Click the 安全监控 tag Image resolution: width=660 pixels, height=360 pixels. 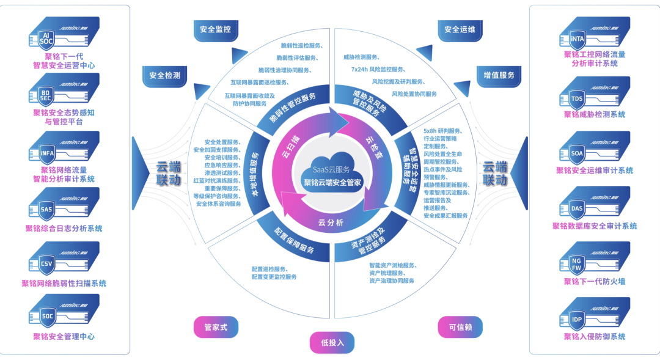coord(215,29)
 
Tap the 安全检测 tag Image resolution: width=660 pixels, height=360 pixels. coord(164,76)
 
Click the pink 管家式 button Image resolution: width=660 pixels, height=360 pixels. coord(215,327)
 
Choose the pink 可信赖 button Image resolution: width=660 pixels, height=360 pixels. coord(460,327)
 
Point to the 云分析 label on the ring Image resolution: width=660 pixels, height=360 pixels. coord(331,222)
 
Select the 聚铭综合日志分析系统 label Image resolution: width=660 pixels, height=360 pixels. coord(64,229)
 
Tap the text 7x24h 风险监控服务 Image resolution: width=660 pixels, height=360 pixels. coord(378,69)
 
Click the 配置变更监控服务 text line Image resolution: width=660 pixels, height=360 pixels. coord(274,277)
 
